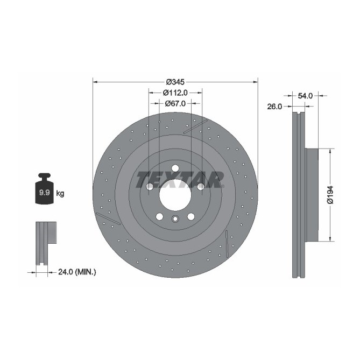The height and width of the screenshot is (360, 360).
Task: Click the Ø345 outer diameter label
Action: [x=175, y=82]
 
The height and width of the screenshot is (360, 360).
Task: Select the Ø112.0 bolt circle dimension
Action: [x=175, y=93]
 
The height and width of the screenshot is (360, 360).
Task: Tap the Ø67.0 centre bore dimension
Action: [x=175, y=103]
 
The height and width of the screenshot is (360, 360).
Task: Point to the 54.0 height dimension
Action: [x=305, y=96]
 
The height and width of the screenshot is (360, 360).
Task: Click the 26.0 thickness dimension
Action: [x=274, y=107]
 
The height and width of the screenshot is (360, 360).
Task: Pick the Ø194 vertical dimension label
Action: [x=330, y=195]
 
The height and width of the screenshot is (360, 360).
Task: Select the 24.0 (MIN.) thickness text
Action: [x=77, y=272]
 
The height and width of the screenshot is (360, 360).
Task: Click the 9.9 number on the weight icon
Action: [x=44, y=193]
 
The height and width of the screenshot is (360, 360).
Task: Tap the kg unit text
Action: [x=60, y=194]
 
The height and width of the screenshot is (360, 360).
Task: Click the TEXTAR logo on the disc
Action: [x=180, y=180]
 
